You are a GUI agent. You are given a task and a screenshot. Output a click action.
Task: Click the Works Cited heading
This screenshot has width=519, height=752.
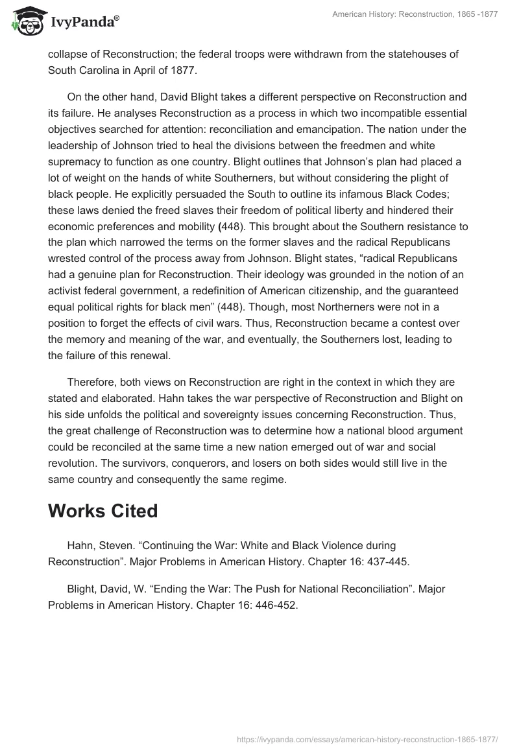tap(103, 511)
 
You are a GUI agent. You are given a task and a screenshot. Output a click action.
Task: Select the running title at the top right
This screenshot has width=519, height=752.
tap(415, 15)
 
